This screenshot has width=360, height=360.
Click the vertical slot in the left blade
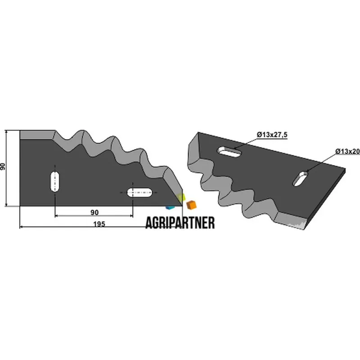55,181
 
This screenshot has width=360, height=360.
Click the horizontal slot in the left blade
139,193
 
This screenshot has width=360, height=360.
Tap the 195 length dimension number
99,224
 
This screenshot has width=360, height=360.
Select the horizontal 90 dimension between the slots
94,212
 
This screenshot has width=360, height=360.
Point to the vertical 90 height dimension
3,166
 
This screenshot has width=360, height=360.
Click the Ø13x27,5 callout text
272,135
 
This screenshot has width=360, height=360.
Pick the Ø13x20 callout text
347,151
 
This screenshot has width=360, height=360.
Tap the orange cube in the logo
191,205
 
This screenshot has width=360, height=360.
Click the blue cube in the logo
170,207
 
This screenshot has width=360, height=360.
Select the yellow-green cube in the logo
181,197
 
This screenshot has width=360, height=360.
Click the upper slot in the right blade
229,152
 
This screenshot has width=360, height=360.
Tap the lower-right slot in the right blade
300,178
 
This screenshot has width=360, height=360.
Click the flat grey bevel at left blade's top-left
37,135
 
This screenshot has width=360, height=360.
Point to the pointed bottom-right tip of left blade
182,206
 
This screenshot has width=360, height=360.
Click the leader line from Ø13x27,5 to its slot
245,144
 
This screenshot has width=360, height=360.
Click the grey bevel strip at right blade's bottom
290,220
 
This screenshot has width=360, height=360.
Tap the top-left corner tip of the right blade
198,132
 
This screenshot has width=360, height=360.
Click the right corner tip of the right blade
345,169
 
